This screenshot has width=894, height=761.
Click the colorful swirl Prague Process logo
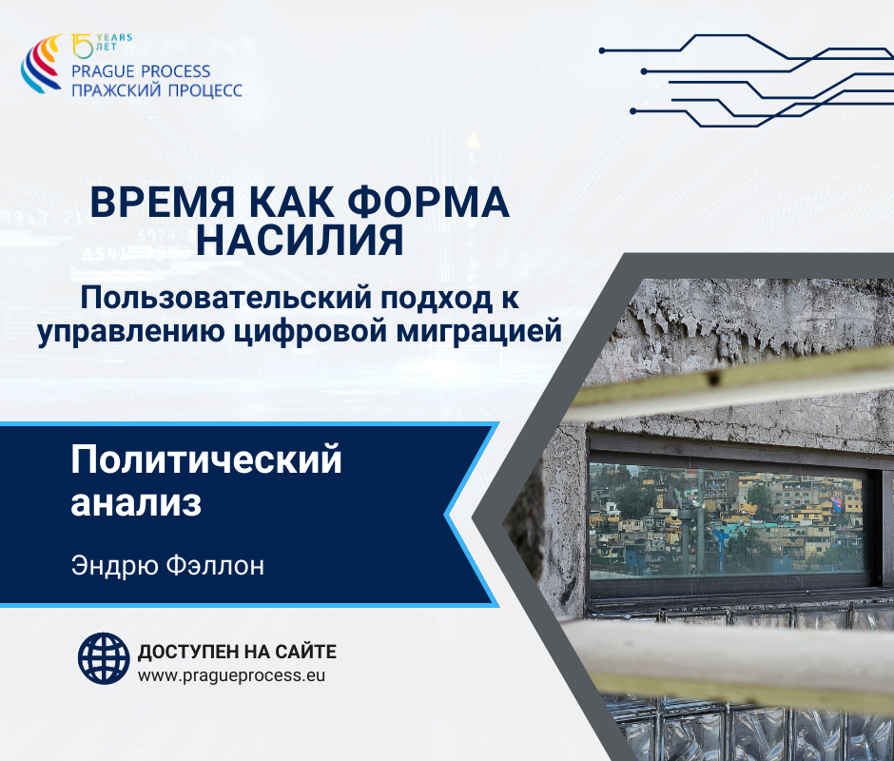(41, 64)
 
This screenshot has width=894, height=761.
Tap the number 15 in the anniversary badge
(82, 46)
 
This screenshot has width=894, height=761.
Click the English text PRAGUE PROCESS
(141, 71)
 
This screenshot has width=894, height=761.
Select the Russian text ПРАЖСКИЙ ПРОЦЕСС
(157, 89)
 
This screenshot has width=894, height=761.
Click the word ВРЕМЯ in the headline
(163, 203)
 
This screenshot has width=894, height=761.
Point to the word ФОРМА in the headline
(428, 203)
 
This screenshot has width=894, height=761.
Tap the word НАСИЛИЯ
(300, 240)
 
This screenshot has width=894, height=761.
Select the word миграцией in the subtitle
(479, 331)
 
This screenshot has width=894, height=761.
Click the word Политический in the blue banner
(206, 459)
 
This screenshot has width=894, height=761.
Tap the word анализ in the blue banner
(136, 503)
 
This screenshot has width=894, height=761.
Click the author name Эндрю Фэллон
(167, 566)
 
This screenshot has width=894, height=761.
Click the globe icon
(104, 658)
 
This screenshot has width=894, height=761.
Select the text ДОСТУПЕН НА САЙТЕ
(237, 652)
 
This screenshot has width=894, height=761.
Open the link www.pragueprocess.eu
(231, 676)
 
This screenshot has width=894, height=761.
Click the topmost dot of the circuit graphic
(602, 50)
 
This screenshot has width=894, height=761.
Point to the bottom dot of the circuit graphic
(632, 111)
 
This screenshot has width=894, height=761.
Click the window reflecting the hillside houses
(727, 521)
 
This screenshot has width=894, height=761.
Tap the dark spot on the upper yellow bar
(712, 378)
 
